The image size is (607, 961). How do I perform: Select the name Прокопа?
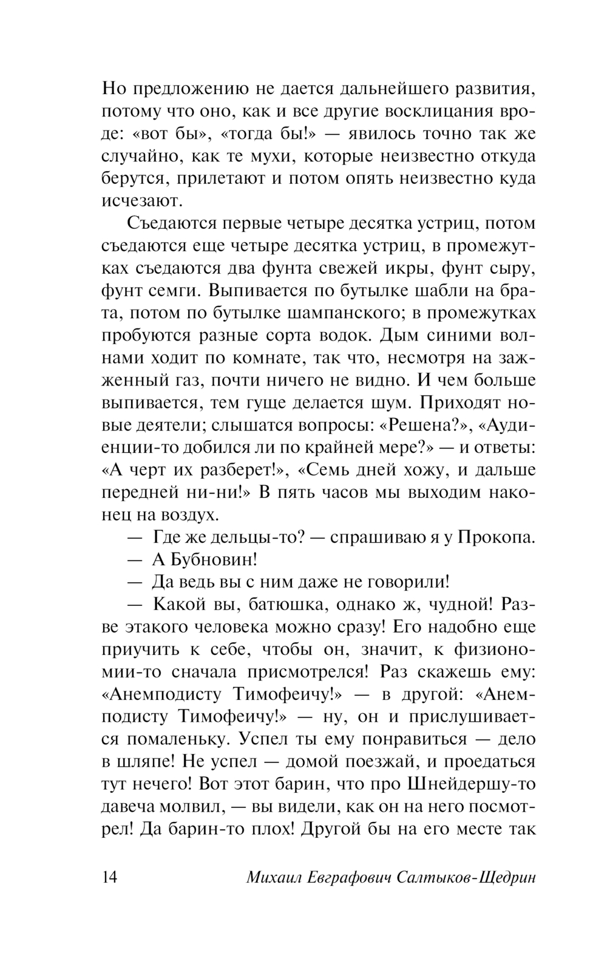497,538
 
